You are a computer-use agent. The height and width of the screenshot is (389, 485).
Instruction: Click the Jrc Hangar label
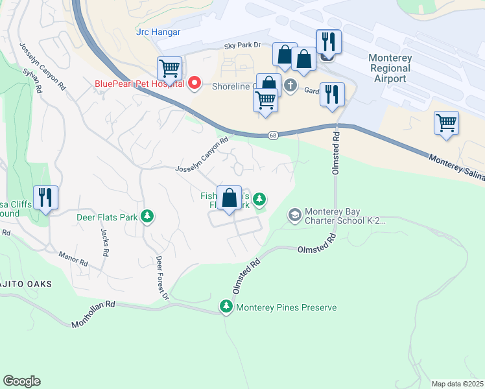[x=158, y=32]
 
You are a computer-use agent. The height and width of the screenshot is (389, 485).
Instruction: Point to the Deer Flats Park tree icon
[x=148, y=217]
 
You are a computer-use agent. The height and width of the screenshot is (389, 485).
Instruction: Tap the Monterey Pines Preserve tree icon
[x=226, y=307]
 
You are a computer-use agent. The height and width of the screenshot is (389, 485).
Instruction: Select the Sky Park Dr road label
[x=242, y=45]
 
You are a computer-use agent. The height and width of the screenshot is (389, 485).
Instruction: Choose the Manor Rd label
[x=73, y=259]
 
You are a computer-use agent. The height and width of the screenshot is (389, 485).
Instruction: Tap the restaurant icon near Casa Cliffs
[x=45, y=197]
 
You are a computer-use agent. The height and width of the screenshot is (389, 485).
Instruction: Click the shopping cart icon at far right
[x=447, y=122]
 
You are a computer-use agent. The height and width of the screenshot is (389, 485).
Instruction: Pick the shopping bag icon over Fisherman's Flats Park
[x=230, y=197]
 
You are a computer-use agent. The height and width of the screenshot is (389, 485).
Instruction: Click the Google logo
[x=21, y=381]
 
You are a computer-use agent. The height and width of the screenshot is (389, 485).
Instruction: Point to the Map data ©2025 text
[x=457, y=384]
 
